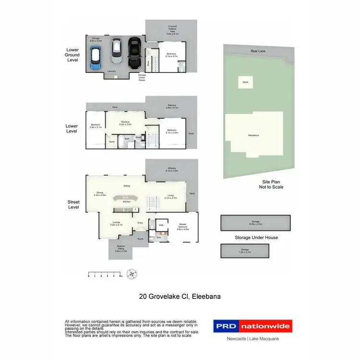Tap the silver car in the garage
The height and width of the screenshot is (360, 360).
click(x=116, y=51)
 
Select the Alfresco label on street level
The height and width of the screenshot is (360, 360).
click(x=172, y=169)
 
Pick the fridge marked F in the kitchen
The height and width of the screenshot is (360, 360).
click(x=135, y=210)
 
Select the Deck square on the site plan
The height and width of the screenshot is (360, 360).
click(x=245, y=82)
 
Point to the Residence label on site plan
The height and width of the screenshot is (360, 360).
click(x=253, y=135)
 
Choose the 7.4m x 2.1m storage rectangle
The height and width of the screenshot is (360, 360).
click(x=245, y=250)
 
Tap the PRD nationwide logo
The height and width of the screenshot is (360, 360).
click(x=252, y=326)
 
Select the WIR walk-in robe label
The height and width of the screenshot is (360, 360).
click(x=161, y=225)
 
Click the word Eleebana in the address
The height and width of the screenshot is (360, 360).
click(x=206, y=297)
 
